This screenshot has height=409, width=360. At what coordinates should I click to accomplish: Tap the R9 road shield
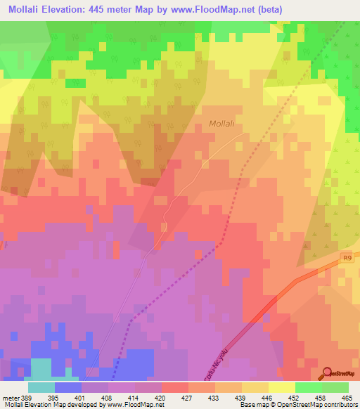coord(348,259)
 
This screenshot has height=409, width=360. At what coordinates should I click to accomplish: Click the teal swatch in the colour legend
coord(41,387)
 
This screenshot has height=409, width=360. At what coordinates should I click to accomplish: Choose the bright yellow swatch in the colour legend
coord(282,387)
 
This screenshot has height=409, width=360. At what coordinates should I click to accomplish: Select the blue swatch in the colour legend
coord(68,387)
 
